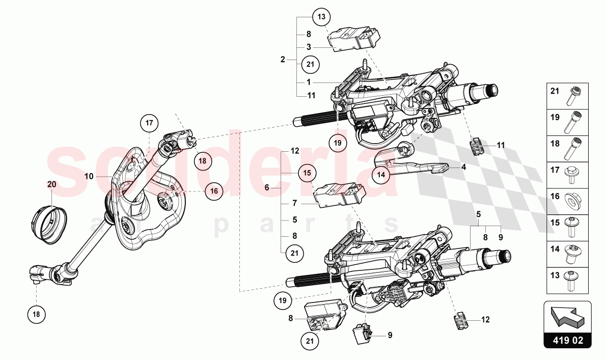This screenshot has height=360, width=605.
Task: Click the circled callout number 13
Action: click(321, 17)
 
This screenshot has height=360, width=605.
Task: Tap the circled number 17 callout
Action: click(149, 123)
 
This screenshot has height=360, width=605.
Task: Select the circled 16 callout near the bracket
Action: click(214, 191)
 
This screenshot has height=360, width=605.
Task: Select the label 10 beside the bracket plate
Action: click(89, 176)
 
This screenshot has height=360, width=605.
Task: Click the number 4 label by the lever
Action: click(463, 167)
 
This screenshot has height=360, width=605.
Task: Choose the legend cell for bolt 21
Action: click(567, 96)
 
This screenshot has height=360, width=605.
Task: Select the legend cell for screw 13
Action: click(567, 281)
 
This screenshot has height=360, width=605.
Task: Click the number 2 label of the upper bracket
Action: click(283, 60)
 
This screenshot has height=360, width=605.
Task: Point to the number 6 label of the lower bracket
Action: click(267, 188)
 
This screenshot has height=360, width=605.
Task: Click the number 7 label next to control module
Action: click(295, 203)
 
